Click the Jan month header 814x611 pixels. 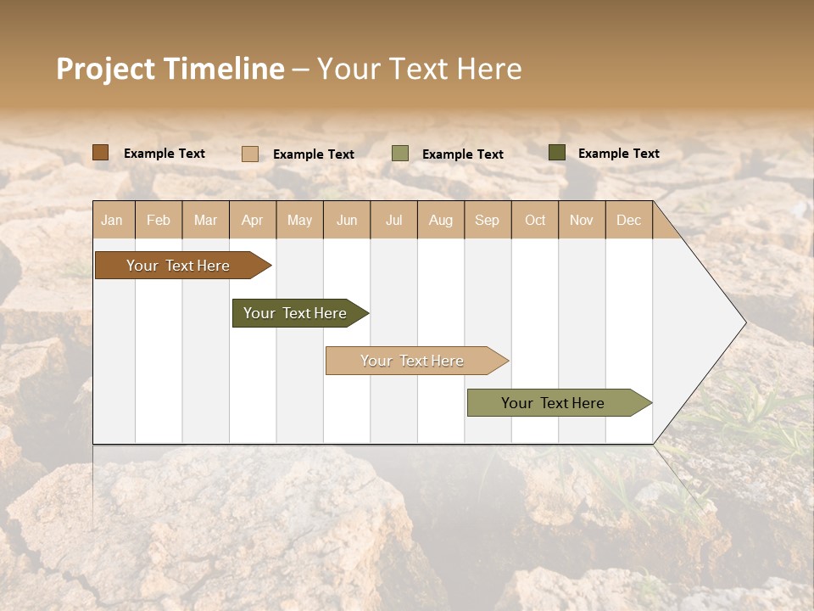pyautogui.click(x=113, y=220)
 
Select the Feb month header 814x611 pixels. pyautogui.click(x=159, y=220)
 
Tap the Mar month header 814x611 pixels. pyautogui.click(x=205, y=220)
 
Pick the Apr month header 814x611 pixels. pyautogui.click(x=253, y=220)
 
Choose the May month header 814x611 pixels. pyautogui.click(x=299, y=220)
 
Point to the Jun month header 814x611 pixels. pyautogui.click(x=347, y=220)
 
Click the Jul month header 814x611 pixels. pyautogui.click(x=393, y=220)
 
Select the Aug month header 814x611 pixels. pyautogui.click(x=441, y=220)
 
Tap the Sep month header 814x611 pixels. pyautogui.click(x=488, y=220)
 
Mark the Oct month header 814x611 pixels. pyautogui.click(x=535, y=220)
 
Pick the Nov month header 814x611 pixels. pyautogui.click(x=582, y=220)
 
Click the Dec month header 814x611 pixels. pyautogui.click(x=629, y=220)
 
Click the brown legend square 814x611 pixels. pyautogui.click(x=101, y=153)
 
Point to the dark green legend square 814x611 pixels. pyautogui.click(x=557, y=153)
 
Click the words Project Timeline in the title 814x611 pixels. pyautogui.click(x=170, y=69)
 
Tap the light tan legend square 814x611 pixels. pyautogui.click(x=250, y=154)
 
